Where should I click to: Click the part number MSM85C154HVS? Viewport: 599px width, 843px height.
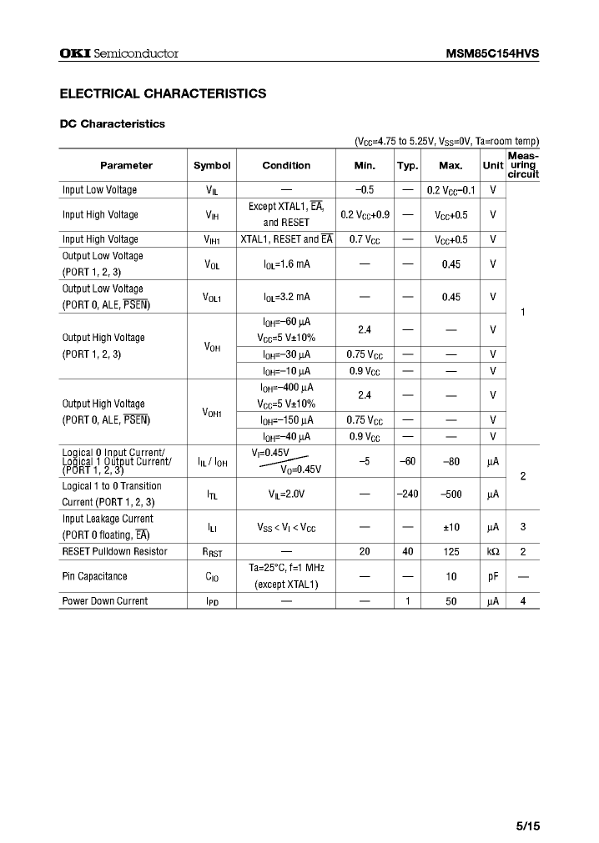point(492,53)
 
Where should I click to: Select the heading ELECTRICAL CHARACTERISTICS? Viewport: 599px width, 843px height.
point(163,93)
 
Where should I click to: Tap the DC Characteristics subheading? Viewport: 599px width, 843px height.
point(113,123)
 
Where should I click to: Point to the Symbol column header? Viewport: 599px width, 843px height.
point(212,165)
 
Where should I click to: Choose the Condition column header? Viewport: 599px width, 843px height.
point(286,165)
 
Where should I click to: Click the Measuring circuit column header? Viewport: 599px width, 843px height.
point(522,165)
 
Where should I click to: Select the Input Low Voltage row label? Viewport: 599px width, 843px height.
point(99,190)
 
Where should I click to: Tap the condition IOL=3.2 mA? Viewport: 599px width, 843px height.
point(286,296)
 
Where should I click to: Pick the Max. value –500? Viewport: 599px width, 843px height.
point(451,494)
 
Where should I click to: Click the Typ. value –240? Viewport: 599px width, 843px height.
point(407,494)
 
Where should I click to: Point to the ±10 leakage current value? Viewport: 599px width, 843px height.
point(451,527)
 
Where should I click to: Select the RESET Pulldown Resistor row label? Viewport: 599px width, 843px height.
point(114,551)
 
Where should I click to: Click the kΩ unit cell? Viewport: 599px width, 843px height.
point(493,551)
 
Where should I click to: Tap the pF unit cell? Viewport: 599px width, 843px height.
point(493,576)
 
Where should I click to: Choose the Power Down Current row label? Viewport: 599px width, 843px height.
point(105,601)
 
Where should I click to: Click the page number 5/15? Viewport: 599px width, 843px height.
point(527,826)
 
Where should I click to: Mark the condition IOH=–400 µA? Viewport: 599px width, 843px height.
point(286,387)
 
